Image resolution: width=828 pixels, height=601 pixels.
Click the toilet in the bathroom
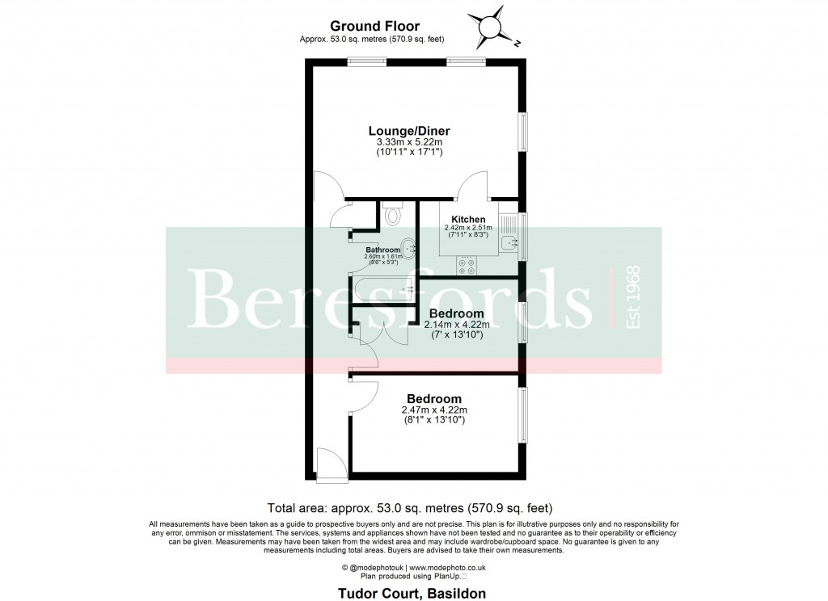tap(393, 214)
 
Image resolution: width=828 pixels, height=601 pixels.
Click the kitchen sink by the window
tap(509, 243)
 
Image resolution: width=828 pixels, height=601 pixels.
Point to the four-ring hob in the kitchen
tap(467, 263)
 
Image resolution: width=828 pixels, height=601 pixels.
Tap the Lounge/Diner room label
tap(409, 131)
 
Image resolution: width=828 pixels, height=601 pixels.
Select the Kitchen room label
tap(468, 219)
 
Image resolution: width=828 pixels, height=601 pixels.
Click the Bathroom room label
tap(382, 250)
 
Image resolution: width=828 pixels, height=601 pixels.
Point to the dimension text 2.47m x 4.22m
tap(433, 410)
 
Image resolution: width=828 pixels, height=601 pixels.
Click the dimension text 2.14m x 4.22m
tap(456, 325)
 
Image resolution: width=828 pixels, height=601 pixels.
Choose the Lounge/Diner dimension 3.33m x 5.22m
tap(409, 142)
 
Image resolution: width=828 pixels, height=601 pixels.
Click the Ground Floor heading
tap(374, 27)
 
